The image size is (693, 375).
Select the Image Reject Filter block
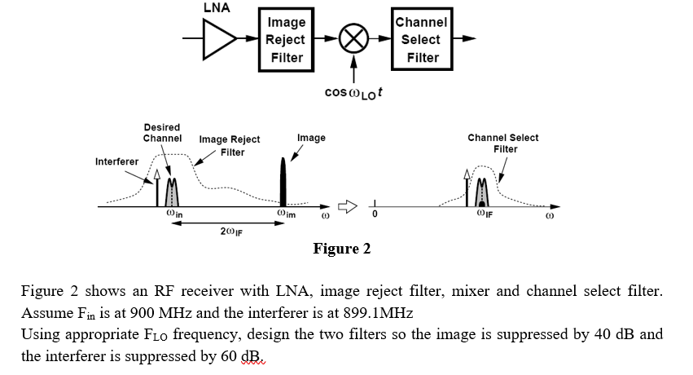pos(286,39)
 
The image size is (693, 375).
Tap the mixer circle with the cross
pos(354,38)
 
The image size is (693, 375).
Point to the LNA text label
pos(216,8)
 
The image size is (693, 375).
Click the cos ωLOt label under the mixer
pos(354,92)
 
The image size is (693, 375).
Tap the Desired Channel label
pos(162,133)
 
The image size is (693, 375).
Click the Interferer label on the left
pos(116,161)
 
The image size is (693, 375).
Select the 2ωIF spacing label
pos(231,232)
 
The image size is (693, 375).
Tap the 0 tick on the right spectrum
pos(375,216)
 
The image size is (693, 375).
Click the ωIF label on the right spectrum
pos(485,214)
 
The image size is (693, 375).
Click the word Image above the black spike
pos(311,138)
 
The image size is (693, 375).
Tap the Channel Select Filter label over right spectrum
pos(502,143)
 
